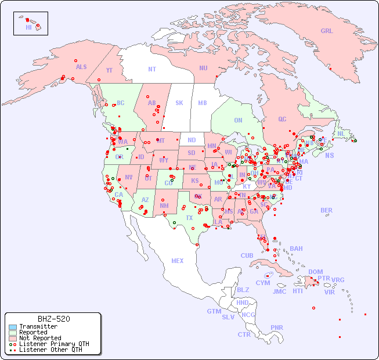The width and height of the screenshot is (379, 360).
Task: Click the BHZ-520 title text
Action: pyautogui.click(x=54, y=319)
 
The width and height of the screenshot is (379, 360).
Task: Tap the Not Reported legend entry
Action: pyautogui.click(x=39, y=338)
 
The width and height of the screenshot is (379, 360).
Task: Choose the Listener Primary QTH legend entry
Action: pyautogui.click(x=53, y=344)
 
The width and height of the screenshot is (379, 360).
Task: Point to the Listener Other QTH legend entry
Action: pyautogui.click(x=50, y=350)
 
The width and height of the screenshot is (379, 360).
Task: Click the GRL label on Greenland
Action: pyautogui.click(x=327, y=31)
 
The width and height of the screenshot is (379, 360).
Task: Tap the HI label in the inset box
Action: pyautogui.click(x=28, y=27)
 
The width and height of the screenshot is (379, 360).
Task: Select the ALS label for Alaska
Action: pyautogui.click(x=81, y=67)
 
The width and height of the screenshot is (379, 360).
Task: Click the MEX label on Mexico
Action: pyautogui.click(x=178, y=261)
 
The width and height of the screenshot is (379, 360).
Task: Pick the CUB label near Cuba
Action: pyautogui.click(x=247, y=255)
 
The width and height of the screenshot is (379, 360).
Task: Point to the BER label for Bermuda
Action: pyautogui.click(x=327, y=210)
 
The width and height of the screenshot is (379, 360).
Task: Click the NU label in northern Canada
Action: pyautogui.click(x=203, y=68)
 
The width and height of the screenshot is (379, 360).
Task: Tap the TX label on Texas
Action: pyautogui.click(x=189, y=218)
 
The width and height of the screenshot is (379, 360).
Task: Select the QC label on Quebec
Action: pyautogui.click(x=282, y=120)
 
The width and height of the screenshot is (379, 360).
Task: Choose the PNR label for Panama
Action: pyautogui.click(x=277, y=327)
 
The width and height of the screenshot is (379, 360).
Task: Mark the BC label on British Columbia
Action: pyautogui.click(x=121, y=103)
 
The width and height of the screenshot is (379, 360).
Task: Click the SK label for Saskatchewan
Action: pyautogui.click(x=179, y=103)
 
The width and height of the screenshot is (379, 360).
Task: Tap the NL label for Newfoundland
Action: pyautogui.click(x=341, y=133)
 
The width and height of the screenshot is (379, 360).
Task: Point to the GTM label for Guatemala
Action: pyautogui.click(x=214, y=311)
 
